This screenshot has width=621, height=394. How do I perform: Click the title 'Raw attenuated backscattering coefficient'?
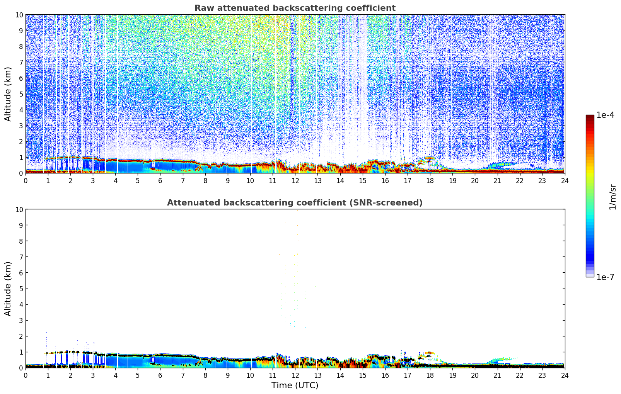tap(295, 8)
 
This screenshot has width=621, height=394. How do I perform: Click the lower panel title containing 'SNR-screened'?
tap(295, 203)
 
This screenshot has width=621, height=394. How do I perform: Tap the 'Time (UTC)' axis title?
tap(295, 385)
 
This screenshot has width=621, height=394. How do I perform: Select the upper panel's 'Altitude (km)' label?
tap(8, 94)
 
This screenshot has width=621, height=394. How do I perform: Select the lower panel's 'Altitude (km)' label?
tap(8, 289)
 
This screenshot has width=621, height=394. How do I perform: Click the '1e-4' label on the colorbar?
tap(605, 115)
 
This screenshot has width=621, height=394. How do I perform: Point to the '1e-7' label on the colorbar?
tap(605, 277)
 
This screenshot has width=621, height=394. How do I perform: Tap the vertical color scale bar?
tap(590, 196)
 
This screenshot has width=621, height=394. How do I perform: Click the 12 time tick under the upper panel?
tap(295, 180)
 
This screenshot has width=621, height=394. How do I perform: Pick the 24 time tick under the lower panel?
tap(565, 375)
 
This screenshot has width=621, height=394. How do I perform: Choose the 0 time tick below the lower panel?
tap(26, 375)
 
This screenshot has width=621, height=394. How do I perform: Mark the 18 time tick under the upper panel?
tap(430, 180)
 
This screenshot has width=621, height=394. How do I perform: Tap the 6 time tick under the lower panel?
tap(160, 375)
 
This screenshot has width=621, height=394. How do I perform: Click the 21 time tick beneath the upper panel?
tap(497, 180)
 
